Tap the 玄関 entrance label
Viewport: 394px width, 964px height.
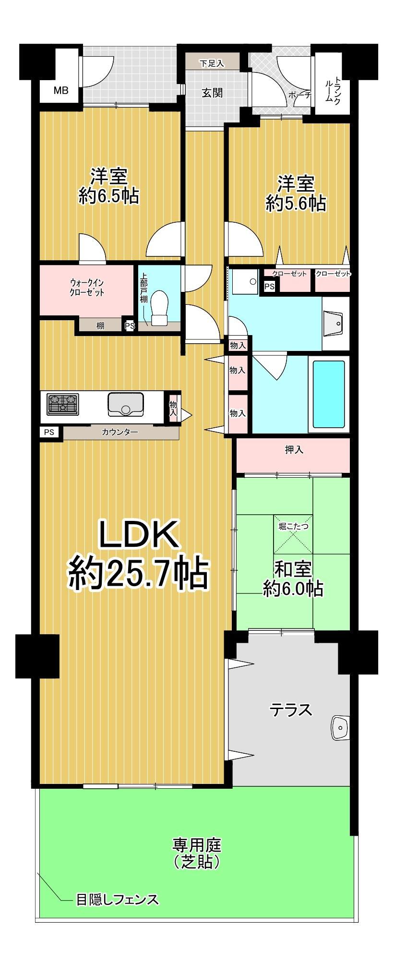pos(212,93)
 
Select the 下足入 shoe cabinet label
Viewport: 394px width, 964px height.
pos(212,63)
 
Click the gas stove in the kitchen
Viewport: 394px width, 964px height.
pos(63,404)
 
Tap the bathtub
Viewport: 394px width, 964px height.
pos(329,394)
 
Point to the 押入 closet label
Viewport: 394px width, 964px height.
pos(294,450)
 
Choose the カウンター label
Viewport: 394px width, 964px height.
pos(120,432)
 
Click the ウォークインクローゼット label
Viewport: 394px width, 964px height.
pos(87,287)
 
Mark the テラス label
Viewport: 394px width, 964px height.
pos(291,710)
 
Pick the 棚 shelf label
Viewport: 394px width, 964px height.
pos(100,326)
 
